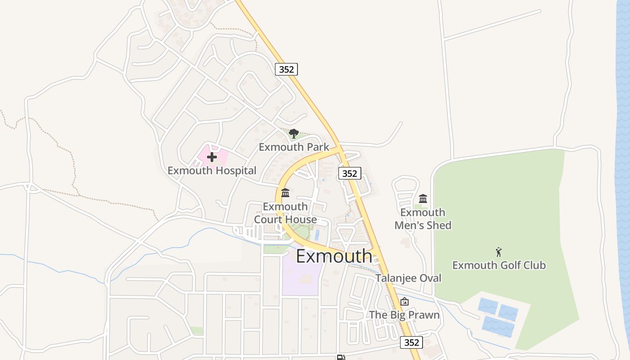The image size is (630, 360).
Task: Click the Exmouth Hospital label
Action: tap(212, 171)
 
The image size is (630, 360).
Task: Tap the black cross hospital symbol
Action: tap(212, 157)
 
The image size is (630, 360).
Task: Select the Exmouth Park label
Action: tap(294, 147)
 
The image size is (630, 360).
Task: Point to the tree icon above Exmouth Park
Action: tap(294, 133)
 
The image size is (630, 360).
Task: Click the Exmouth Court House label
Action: tap(285, 213)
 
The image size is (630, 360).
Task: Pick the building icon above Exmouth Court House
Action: tap(285, 193)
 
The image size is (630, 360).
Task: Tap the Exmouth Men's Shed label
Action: tap(423, 219)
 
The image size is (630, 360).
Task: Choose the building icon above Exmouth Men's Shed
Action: tap(423, 198)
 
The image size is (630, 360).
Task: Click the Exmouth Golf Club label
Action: tap(499, 265)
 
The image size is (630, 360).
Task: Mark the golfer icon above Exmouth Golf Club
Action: tap(499, 252)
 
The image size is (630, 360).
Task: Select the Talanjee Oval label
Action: tap(409, 278)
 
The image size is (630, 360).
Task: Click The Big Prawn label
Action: tap(405, 315)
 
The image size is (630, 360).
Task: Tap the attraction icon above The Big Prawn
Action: tap(405, 301)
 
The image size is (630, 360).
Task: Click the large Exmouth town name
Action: tap(334, 256)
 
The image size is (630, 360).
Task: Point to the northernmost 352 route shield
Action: tap(287, 69)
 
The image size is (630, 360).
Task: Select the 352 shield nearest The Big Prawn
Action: tap(412, 342)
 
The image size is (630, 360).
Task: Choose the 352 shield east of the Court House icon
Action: tap(350, 173)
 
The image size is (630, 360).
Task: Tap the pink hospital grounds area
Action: tap(220, 155)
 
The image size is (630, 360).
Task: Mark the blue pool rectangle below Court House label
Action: tap(317, 234)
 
